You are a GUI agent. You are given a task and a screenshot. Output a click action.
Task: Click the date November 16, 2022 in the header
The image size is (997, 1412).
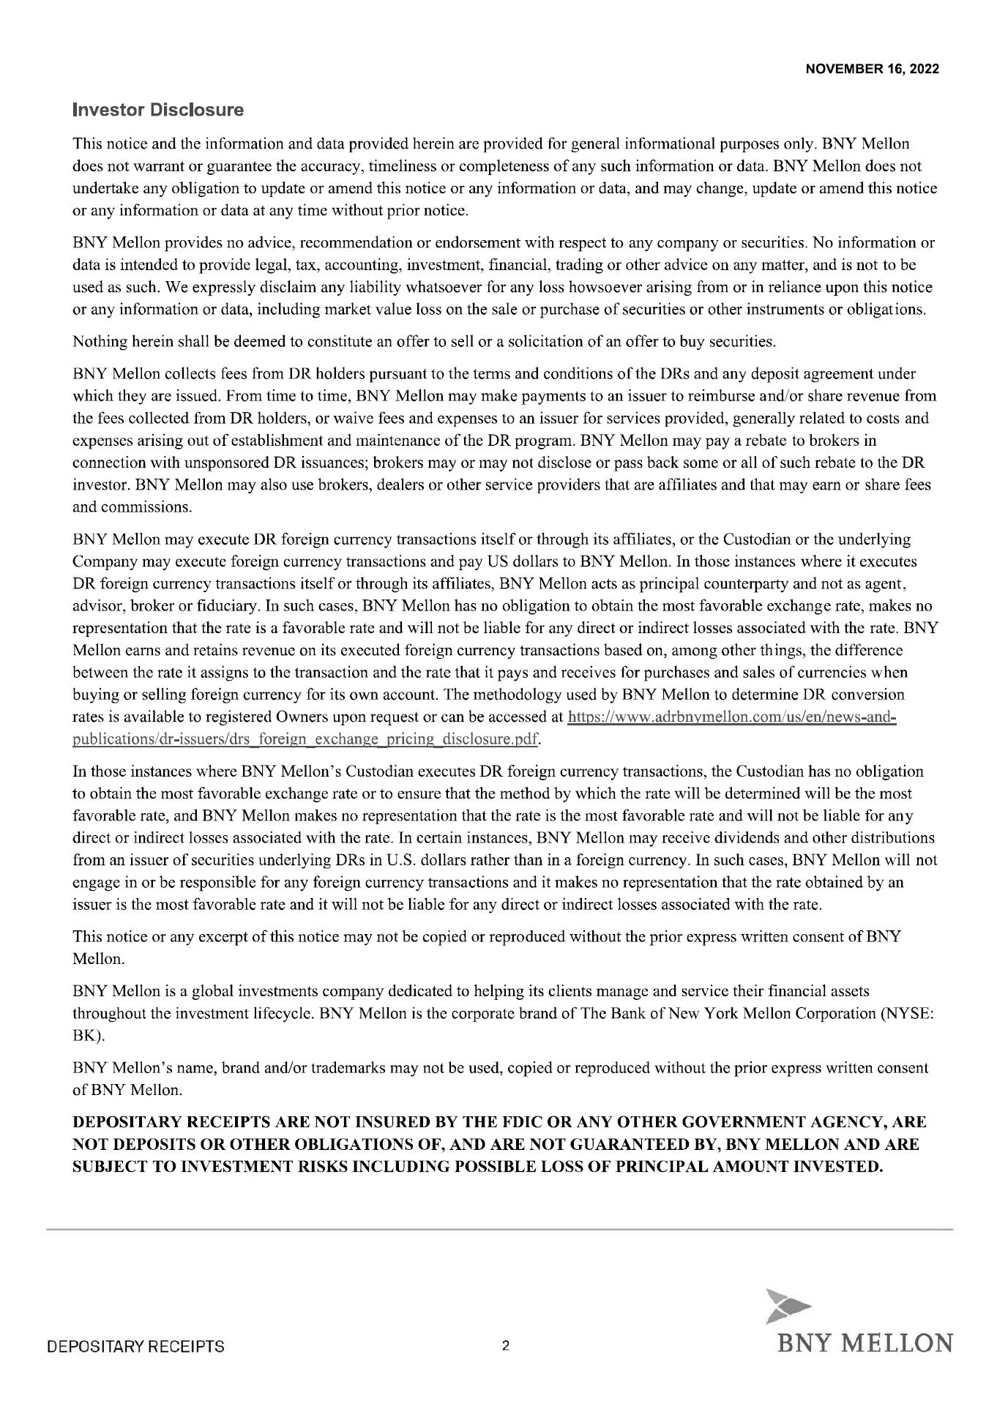(872, 70)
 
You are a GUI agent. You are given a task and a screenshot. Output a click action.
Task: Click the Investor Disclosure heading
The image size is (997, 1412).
(158, 111)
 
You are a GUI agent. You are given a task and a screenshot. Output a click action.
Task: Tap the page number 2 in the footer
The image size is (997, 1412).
(505, 1345)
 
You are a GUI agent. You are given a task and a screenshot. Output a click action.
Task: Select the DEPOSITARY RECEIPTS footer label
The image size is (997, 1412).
(136, 1347)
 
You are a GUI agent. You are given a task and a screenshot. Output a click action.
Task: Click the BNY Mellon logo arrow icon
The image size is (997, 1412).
(788, 1304)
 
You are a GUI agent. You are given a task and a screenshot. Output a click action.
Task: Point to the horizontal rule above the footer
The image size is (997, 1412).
(498, 1229)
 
